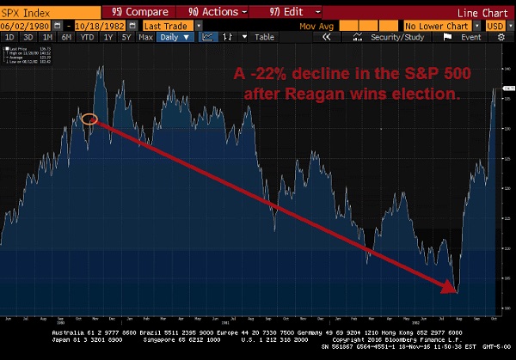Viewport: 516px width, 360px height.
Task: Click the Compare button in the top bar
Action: [142, 12]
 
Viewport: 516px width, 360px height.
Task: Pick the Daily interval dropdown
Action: [173, 37]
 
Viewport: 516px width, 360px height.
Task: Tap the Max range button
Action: [144, 37]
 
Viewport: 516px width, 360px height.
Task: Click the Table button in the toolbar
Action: [264, 37]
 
